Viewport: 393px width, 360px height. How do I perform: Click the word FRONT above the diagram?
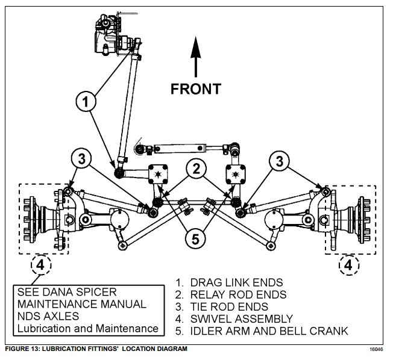pos(195,89)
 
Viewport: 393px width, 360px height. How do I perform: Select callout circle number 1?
pos(87,102)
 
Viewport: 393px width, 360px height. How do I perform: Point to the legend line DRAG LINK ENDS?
pos(229,282)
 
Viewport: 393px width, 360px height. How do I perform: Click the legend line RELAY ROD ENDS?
pos(231,294)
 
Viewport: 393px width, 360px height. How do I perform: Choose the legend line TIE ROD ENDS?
pos(223,306)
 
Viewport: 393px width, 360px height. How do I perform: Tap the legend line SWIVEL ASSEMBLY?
pos(234,318)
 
